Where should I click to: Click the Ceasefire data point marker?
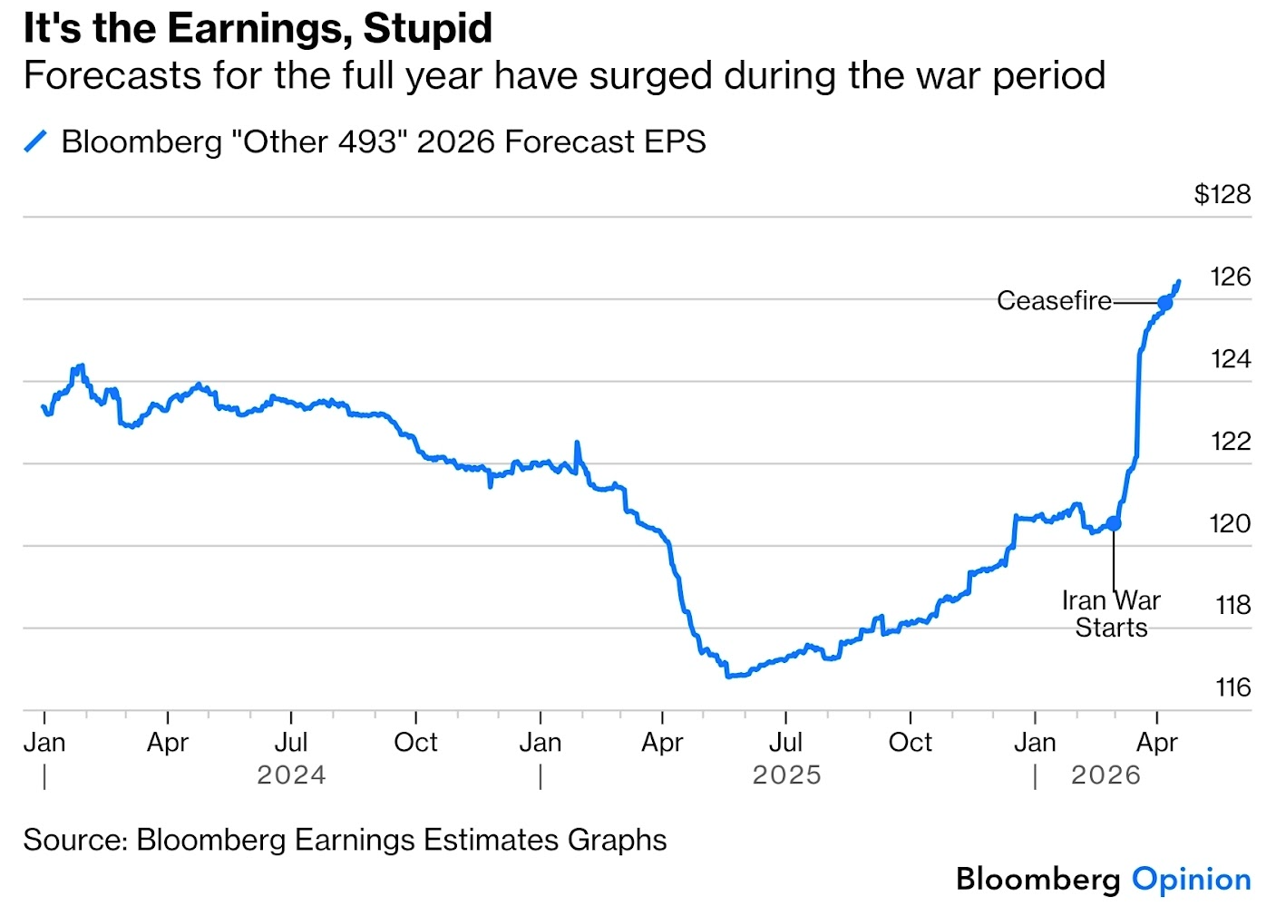click(x=1165, y=303)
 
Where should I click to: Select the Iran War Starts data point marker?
click(x=1114, y=523)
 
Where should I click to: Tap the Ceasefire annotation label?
click(x=1054, y=301)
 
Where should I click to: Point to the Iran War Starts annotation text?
click(x=1111, y=614)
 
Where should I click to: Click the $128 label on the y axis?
click(x=1222, y=194)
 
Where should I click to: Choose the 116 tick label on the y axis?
click(x=1232, y=687)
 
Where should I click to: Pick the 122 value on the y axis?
click(x=1231, y=441)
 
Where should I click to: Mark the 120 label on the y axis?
click(x=1230, y=523)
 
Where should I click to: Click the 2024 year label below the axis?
click(x=291, y=775)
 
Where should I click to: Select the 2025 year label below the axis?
click(x=786, y=775)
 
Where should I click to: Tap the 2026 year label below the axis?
click(x=1106, y=775)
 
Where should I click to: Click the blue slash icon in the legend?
click(x=35, y=141)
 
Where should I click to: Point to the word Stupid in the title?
click(x=427, y=28)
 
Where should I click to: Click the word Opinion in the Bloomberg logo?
click(x=1191, y=879)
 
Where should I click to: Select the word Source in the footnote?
click(x=75, y=840)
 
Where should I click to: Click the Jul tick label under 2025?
click(x=785, y=742)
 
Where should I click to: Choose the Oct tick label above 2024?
click(x=415, y=742)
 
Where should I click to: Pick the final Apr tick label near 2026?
click(x=1156, y=742)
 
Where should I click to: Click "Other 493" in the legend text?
click(x=314, y=141)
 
